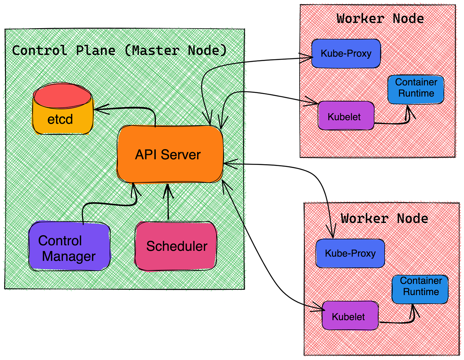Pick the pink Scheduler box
tap(176, 246)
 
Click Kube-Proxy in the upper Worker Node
tap(346, 53)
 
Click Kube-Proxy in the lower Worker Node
tap(350, 253)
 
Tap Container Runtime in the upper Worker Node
tap(416, 88)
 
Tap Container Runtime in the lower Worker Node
tap(420, 287)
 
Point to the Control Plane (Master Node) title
tap(119, 51)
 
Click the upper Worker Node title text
tap(380, 19)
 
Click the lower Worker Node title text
tap(384, 218)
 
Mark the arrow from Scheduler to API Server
tap(168, 203)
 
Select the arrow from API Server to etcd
tap(128, 109)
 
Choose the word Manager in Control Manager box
tap(69, 256)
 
